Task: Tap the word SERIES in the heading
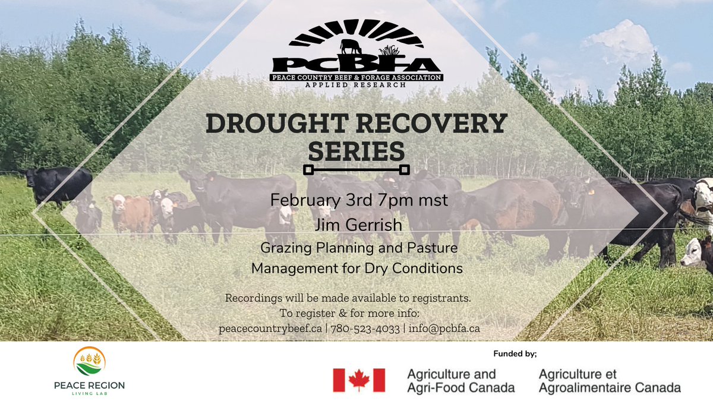pyautogui.click(x=356, y=151)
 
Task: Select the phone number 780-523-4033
pyautogui.click(x=365, y=329)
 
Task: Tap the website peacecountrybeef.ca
pyautogui.click(x=271, y=329)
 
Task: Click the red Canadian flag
pyautogui.click(x=359, y=380)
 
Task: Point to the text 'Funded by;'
pyautogui.click(x=515, y=354)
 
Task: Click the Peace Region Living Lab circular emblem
pyautogui.click(x=90, y=362)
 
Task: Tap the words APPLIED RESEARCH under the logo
pyautogui.click(x=356, y=85)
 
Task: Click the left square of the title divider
pyautogui.click(x=308, y=170)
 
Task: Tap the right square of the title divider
pyautogui.click(x=404, y=170)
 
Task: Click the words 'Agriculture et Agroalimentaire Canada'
pyautogui.click(x=610, y=381)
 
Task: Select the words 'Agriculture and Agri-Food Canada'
pyautogui.click(x=460, y=381)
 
